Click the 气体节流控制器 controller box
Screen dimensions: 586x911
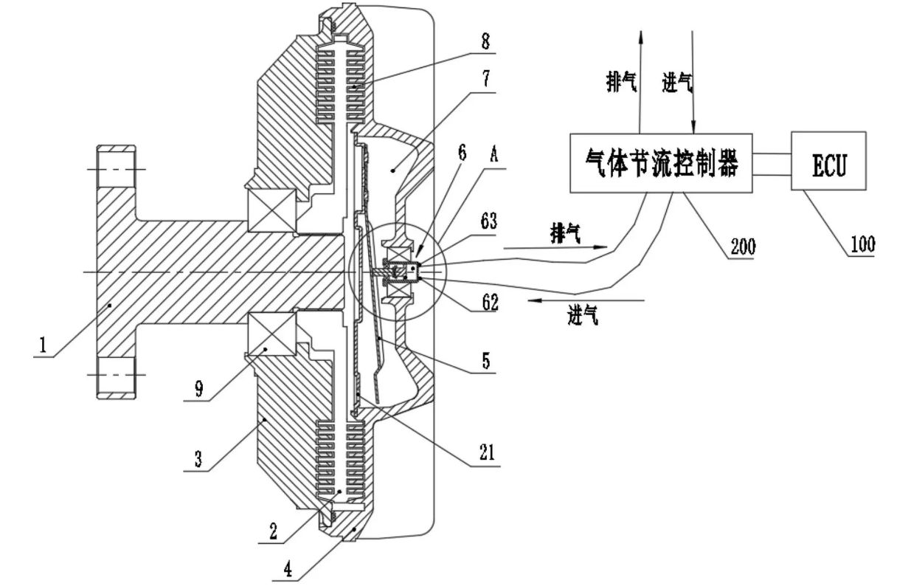pyautogui.click(x=660, y=164)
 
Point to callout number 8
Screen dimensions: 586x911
pyautogui.click(x=485, y=42)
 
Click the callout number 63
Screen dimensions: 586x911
pyautogui.click(x=489, y=220)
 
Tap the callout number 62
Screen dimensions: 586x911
pyautogui.click(x=489, y=301)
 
